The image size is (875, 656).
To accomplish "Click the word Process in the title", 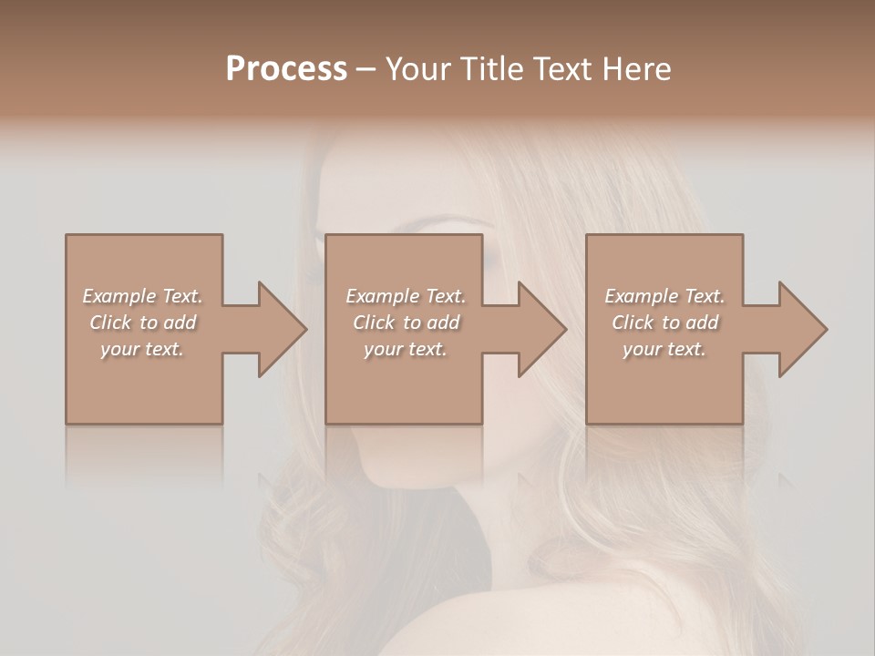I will [x=286, y=69].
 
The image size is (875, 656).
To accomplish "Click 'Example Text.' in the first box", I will [x=142, y=296].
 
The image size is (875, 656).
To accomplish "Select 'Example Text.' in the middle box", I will [x=406, y=296].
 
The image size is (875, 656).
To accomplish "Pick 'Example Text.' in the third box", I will [x=664, y=296].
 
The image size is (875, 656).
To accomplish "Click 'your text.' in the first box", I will [x=142, y=349].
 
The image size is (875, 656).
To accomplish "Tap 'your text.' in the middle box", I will [x=406, y=349].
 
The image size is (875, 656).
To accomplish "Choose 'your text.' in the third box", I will [x=664, y=349].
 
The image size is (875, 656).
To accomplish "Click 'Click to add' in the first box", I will [x=142, y=323].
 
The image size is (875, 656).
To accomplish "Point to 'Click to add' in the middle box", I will [x=406, y=323].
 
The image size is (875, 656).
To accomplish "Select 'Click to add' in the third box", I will [x=664, y=323].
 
